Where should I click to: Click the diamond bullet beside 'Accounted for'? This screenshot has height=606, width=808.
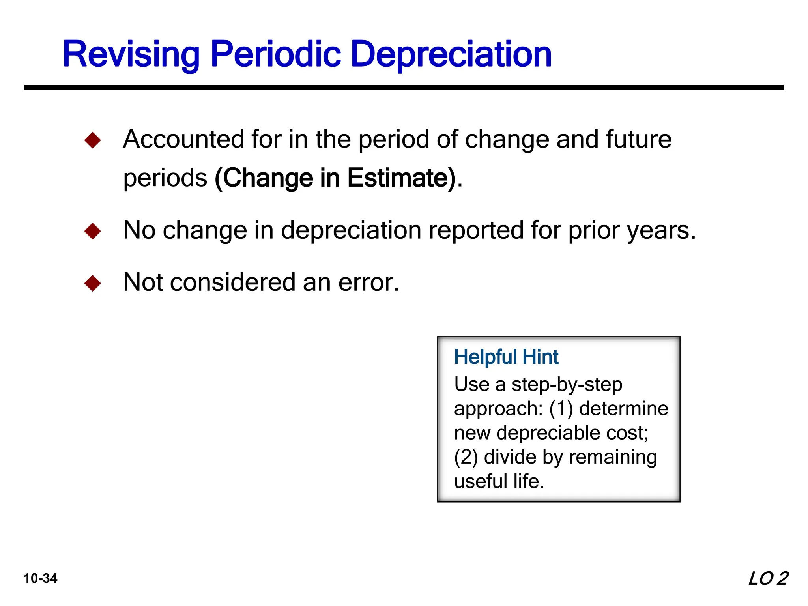pos(93,140)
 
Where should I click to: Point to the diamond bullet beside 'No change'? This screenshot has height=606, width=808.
pos(93,231)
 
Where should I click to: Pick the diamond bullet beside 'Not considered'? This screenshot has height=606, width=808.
pos(93,283)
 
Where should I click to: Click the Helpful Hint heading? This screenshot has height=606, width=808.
pos(506,357)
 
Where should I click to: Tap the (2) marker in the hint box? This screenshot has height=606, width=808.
pos(466,457)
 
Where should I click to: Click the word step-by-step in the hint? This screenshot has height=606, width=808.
pos(567,384)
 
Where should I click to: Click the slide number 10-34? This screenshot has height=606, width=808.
pos(41,578)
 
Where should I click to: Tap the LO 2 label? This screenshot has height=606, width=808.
pos(768,578)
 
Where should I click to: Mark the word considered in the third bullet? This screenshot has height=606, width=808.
pos(233,282)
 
